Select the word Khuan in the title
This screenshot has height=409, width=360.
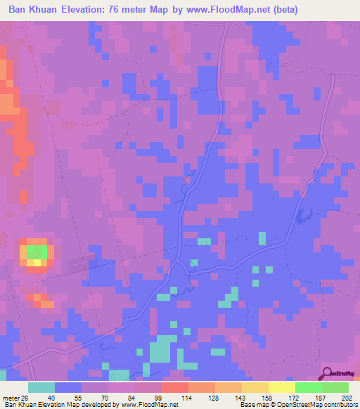point(55,10)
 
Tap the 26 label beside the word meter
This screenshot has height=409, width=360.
point(27,397)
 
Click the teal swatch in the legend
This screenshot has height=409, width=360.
point(41,387)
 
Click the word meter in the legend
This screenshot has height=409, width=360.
point(11,397)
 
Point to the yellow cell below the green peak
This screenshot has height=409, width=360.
point(33,263)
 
